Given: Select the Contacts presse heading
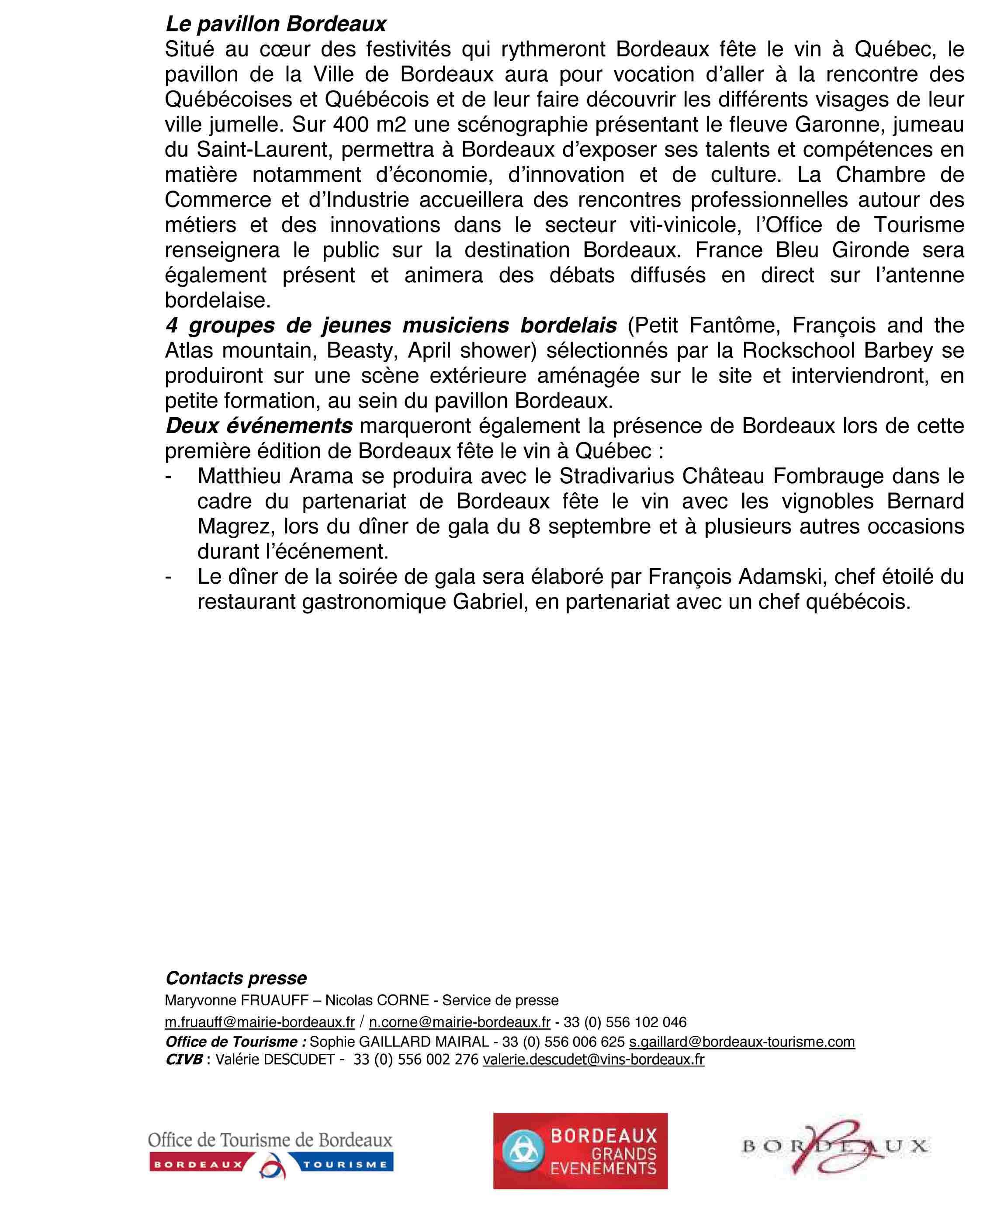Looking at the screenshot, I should click(x=236, y=978).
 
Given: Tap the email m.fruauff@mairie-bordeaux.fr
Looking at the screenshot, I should click(x=260, y=1022).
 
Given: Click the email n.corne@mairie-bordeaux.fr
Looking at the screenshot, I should click(x=460, y=1022).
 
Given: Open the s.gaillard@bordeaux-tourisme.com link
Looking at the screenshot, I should click(x=742, y=1042).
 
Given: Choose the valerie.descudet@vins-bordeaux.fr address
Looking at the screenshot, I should click(x=593, y=1059).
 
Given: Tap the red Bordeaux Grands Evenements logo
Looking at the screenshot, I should click(x=580, y=1151).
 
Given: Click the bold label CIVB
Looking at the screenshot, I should click(x=184, y=1059).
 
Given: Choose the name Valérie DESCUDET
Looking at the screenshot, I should click(x=275, y=1059).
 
